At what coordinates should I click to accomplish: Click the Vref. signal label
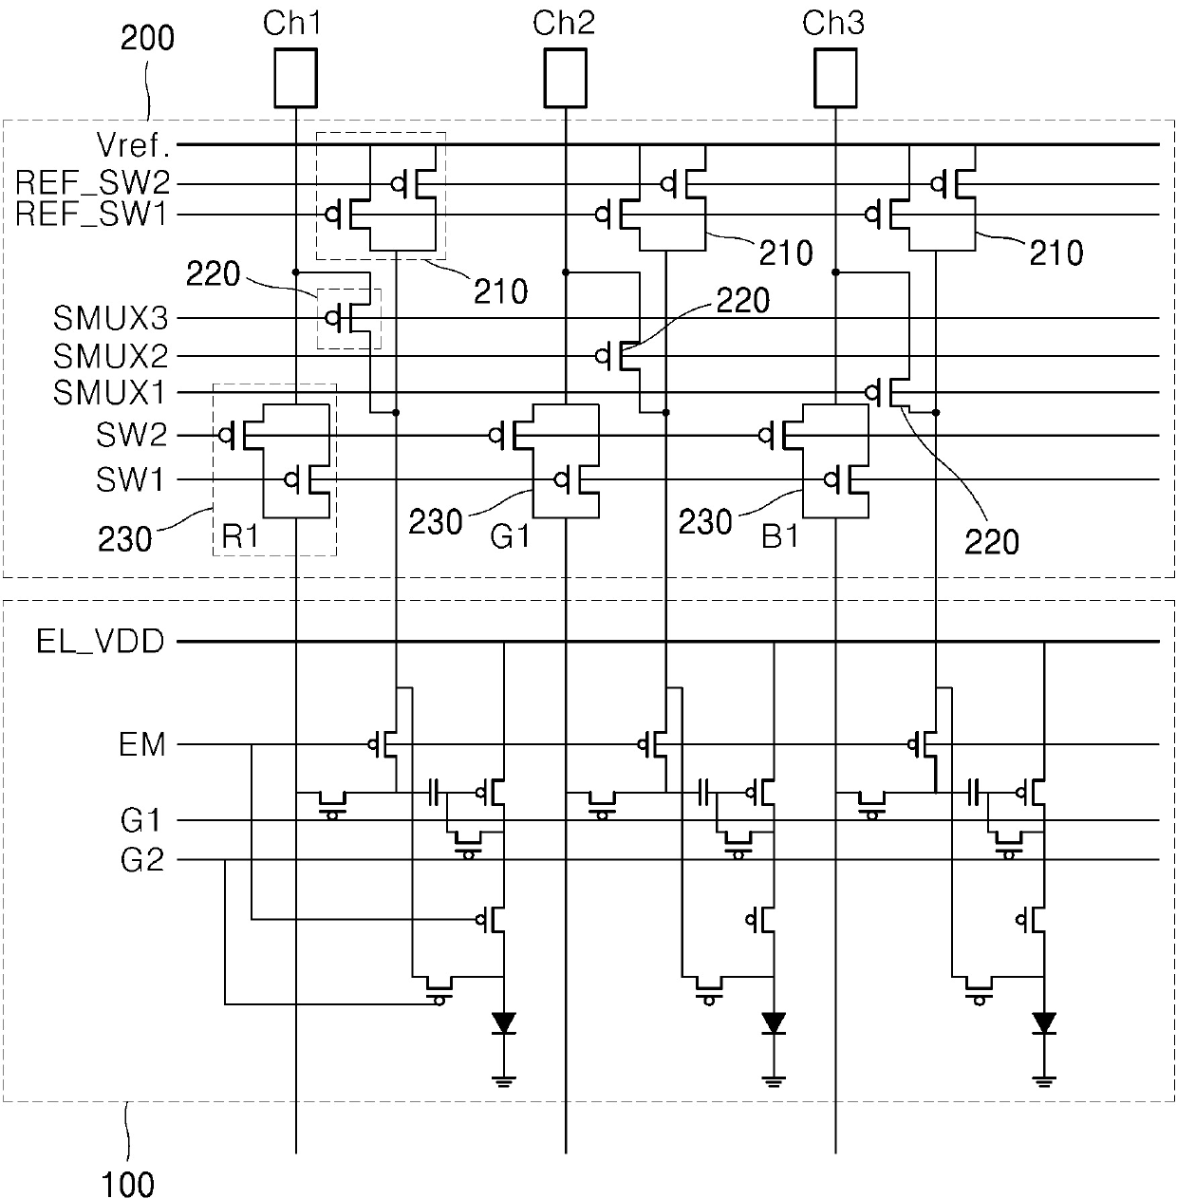pyautogui.click(x=133, y=145)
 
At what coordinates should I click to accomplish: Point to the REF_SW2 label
pyautogui.click(x=92, y=183)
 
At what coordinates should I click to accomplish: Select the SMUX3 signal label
pyautogui.click(x=111, y=319)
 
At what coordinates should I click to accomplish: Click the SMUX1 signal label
pyautogui.click(x=109, y=393)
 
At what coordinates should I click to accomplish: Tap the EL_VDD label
pyautogui.click(x=101, y=642)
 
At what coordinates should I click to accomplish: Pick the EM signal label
pyautogui.click(x=142, y=744)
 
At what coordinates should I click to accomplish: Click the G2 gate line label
pyautogui.click(x=142, y=860)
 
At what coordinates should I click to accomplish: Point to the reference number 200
pyautogui.click(x=147, y=39)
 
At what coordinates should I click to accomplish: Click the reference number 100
pyautogui.click(x=127, y=1184)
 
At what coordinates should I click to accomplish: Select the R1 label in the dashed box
pyautogui.click(x=240, y=536)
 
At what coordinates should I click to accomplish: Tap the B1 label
pyautogui.click(x=780, y=536)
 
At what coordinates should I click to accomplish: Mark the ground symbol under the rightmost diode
pyautogui.click(x=1044, y=1082)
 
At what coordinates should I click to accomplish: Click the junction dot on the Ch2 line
pyautogui.click(x=565, y=272)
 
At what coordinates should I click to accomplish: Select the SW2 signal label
pyautogui.click(x=131, y=435)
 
